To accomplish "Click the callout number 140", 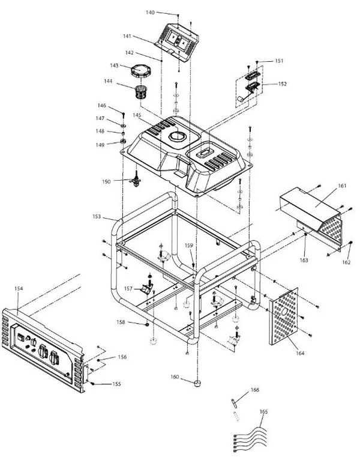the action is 150,13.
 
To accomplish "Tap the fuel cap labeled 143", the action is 140,71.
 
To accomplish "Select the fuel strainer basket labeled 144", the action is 140,92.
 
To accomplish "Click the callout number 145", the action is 137,115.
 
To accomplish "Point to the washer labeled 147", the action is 123,126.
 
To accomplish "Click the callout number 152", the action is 282,84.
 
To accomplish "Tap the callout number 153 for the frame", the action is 97,217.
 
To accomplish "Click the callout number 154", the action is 19,288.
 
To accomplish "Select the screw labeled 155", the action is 92,384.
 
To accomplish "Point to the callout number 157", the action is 128,288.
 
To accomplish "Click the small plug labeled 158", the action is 147,324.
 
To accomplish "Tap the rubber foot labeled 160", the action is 198,383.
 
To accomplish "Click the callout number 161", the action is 342,186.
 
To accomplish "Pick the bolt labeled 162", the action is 350,243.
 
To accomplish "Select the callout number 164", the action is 300,353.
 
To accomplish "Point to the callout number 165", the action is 263,412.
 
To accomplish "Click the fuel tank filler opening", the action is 178,136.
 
